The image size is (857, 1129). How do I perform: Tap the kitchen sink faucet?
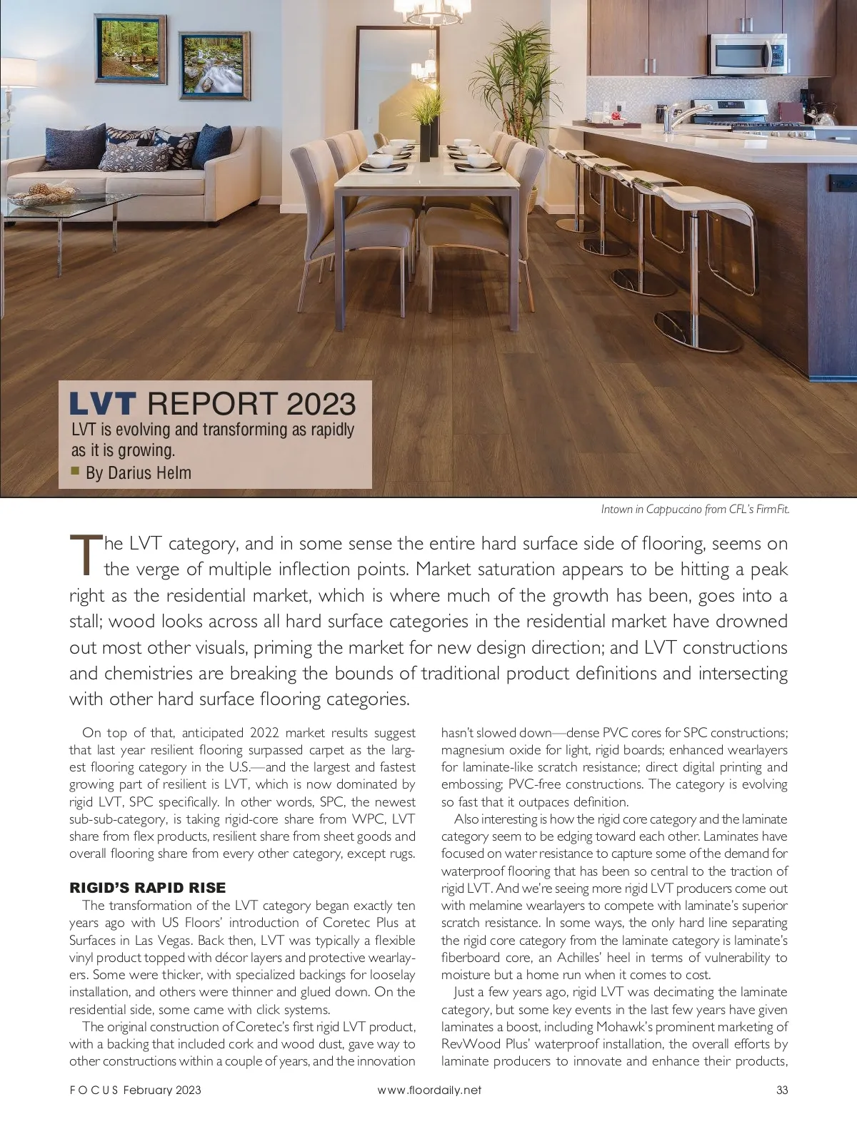[x=676, y=114]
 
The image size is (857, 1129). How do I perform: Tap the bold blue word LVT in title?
[x=102, y=403]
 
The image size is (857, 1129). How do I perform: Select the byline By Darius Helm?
[x=138, y=472]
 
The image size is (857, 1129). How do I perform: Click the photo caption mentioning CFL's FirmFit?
[x=695, y=509]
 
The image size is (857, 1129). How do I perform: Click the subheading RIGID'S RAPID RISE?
[x=147, y=888]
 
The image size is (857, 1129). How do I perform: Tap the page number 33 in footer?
[x=781, y=1090]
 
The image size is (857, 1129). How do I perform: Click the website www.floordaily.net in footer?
[x=428, y=1090]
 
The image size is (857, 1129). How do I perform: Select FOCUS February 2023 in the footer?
[x=135, y=1090]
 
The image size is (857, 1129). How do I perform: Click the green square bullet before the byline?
[x=75, y=470]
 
